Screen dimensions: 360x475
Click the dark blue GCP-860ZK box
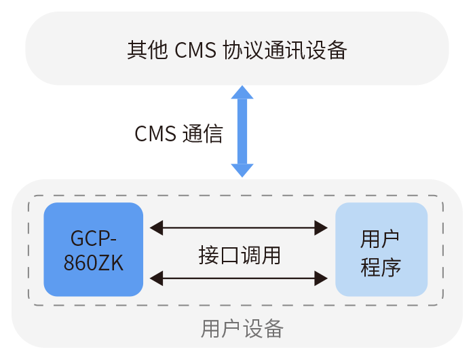[94, 249]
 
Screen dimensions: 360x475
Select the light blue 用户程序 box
[381, 249]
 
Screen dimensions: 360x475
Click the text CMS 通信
[178, 133]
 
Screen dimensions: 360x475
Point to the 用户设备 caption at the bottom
[242, 329]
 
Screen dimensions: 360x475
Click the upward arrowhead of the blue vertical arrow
[242, 92]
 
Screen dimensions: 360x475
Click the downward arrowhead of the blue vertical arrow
[242, 170]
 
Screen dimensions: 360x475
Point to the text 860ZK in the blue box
[94, 263]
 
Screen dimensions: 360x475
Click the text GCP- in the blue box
[94, 238]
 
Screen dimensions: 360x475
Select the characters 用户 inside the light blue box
[381, 238]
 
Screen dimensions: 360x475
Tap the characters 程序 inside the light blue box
[381, 266]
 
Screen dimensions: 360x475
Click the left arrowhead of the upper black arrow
[156, 227]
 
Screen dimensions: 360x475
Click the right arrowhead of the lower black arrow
[322, 277]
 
